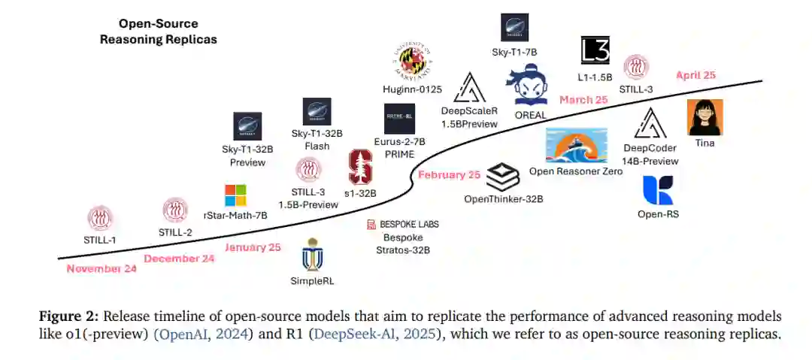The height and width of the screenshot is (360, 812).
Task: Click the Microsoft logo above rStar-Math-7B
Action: (235, 195)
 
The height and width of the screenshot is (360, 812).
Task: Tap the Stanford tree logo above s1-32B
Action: (360, 167)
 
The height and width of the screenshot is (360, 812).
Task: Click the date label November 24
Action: (101, 268)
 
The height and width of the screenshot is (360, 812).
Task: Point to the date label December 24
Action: (179, 259)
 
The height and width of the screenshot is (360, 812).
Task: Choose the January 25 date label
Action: (253, 247)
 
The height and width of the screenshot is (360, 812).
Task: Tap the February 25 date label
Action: (449, 175)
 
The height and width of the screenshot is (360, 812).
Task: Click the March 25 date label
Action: (583, 100)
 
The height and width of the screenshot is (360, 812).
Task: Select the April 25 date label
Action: (695, 75)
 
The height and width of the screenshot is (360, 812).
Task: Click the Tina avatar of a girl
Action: (705, 117)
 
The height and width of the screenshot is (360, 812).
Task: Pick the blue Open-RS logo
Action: (658, 190)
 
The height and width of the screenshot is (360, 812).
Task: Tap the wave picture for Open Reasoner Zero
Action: (576, 145)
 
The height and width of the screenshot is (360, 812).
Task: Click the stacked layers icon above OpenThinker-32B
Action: (503, 177)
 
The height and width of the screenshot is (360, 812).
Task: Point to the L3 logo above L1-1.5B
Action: (595, 50)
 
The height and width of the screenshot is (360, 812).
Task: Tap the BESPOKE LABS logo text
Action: (402, 224)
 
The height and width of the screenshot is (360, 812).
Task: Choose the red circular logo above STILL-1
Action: (101, 219)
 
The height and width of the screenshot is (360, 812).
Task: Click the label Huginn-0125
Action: (412, 89)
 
